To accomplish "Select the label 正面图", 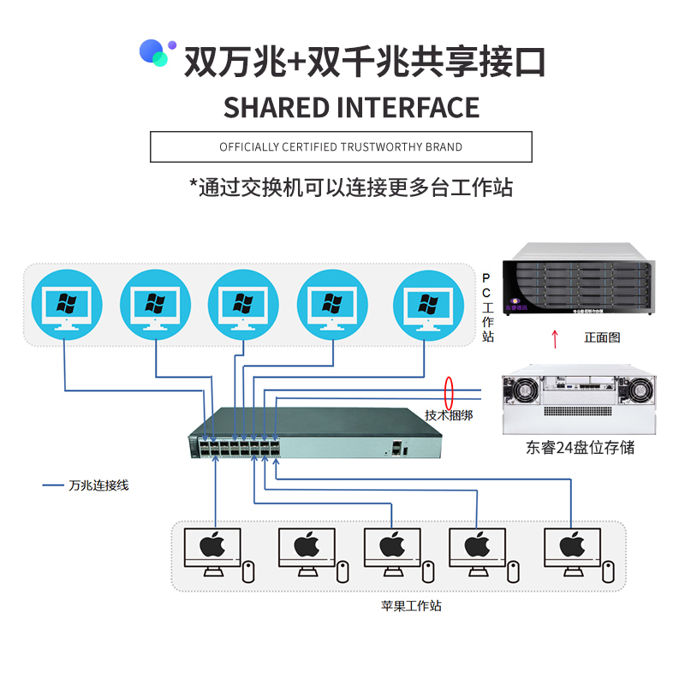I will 602,337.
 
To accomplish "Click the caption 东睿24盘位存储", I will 581,447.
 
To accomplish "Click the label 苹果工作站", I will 411,605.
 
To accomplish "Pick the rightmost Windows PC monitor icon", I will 426,305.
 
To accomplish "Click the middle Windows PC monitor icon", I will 244,305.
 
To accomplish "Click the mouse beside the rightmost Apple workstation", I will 608,571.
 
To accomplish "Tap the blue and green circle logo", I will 158,53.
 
